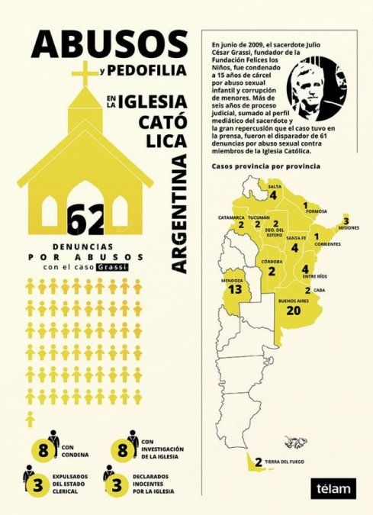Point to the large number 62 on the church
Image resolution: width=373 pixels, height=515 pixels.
[85, 220]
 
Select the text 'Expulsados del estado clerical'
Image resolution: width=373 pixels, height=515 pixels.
[72, 487]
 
